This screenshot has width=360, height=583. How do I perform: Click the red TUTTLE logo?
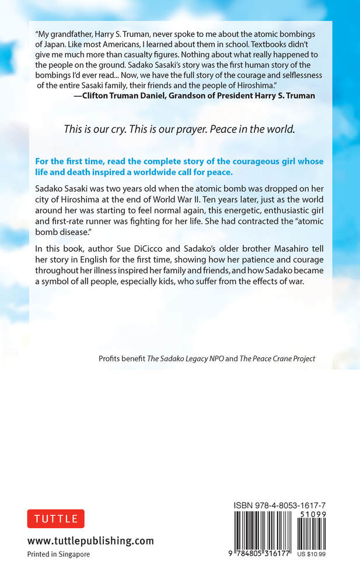click(56, 518)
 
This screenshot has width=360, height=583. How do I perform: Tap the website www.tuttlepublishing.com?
click(90, 540)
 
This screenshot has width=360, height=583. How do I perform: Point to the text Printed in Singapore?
click(58, 554)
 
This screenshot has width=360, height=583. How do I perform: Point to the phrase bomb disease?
click(67, 235)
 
